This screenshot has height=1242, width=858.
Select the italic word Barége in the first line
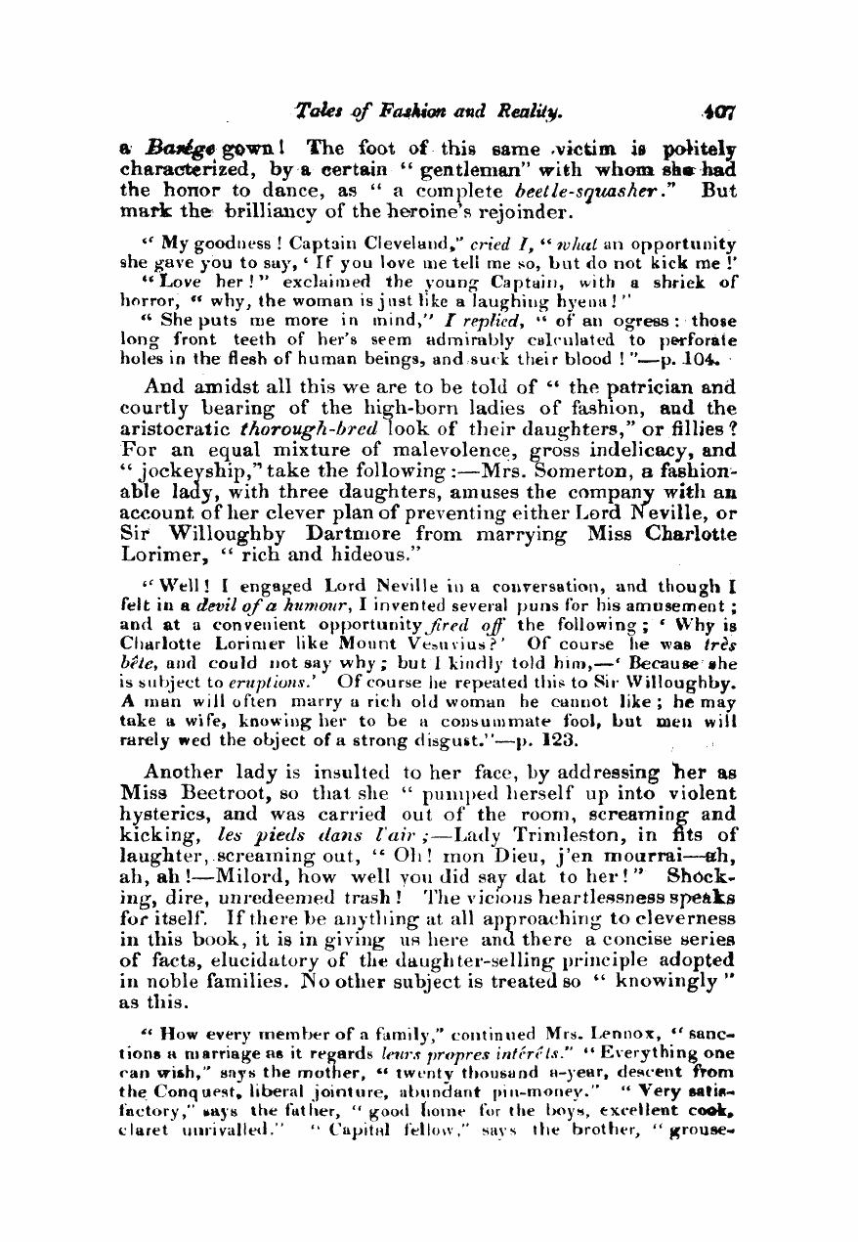[x=176, y=150]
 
